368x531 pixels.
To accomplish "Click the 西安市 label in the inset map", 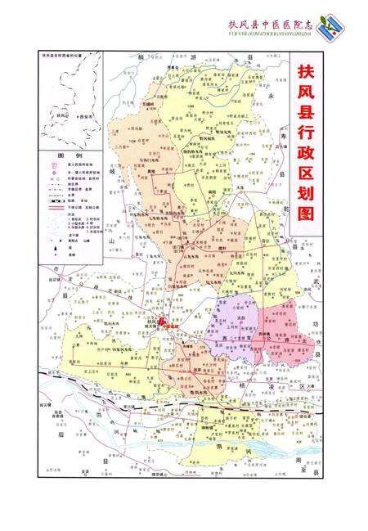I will (85, 117).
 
